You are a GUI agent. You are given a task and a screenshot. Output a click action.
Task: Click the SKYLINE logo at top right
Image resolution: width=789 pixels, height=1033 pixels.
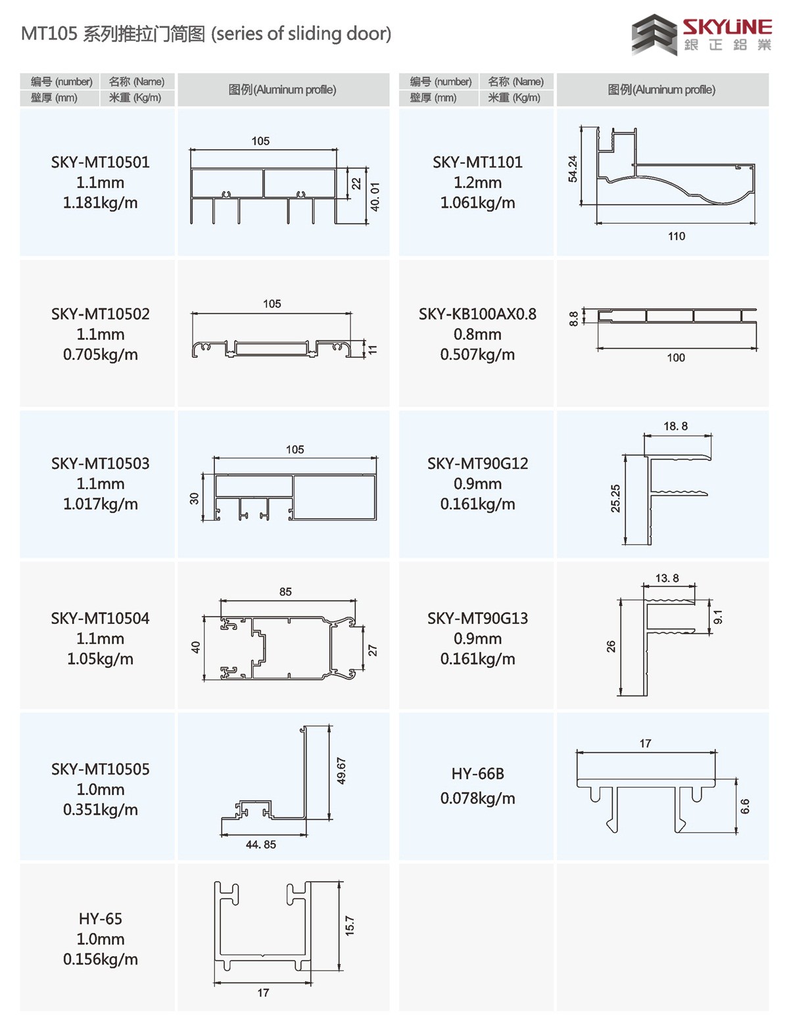[x=702, y=34]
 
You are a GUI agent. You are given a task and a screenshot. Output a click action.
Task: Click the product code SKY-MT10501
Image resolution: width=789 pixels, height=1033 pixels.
[x=101, y=162]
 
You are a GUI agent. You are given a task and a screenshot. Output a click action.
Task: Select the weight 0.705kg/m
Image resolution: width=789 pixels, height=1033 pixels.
[x=101, y=355]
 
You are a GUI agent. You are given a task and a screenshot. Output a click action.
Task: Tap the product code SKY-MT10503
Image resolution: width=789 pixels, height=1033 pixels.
[x=101, y=464]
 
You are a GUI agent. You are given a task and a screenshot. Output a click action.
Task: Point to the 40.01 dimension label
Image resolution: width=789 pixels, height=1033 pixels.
[x=375, y=197]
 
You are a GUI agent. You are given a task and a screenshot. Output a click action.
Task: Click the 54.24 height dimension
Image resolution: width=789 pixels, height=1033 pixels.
[x=573, y=169]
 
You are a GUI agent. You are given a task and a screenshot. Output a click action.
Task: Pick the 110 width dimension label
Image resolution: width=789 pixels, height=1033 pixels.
[x=677, y=236]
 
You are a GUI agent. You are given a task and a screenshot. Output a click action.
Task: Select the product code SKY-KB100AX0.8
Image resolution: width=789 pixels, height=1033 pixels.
[x=477, y=314]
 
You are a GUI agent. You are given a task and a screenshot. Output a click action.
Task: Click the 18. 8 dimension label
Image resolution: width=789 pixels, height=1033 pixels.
[x=676, y=426]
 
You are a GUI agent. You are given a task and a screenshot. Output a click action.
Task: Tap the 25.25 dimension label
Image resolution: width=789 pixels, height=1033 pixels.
[x=615, y=498]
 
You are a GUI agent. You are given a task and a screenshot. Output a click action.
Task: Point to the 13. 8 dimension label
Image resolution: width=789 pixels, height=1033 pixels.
[x=667, y=578]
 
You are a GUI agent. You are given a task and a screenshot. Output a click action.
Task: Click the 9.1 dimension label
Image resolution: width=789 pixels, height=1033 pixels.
[x=718, y=617]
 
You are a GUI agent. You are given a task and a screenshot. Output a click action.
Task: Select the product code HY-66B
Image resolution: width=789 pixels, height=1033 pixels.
[x=477, y=774]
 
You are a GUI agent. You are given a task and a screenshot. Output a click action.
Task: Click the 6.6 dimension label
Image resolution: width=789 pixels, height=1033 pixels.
[x=745, y=806]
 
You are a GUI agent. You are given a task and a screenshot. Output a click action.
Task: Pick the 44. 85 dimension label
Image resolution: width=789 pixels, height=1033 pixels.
[x=261, y=844]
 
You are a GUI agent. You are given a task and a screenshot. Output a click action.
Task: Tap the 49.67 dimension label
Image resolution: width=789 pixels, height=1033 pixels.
[x=341, y=770]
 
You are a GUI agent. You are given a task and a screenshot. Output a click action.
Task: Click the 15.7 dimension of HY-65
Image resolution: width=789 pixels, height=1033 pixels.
[x=350, y=926]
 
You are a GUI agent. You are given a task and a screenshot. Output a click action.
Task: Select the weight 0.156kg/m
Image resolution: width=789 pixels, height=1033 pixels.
[x=101, y=959]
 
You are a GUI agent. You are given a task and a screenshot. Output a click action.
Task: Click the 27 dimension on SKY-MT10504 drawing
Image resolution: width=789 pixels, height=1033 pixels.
[x=373, y=650]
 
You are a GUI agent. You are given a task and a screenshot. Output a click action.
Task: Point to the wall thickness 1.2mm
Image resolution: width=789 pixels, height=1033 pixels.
[x=477, y=183]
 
